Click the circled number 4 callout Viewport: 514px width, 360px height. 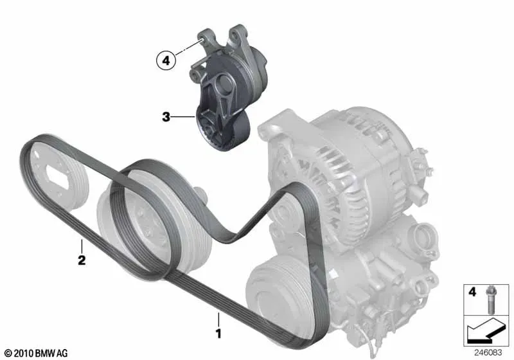[166, 60]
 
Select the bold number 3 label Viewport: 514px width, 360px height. [166, 117]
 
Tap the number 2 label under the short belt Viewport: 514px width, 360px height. [82, 260]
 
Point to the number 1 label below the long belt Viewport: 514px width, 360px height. [218, 334]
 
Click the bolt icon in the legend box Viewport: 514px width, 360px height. [490, 300]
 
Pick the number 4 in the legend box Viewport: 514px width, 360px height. [472, 291]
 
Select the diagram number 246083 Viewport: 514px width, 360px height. [488, 352]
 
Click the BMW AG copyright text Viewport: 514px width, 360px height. [37, 353]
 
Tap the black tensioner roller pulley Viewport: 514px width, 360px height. [223, 131]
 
